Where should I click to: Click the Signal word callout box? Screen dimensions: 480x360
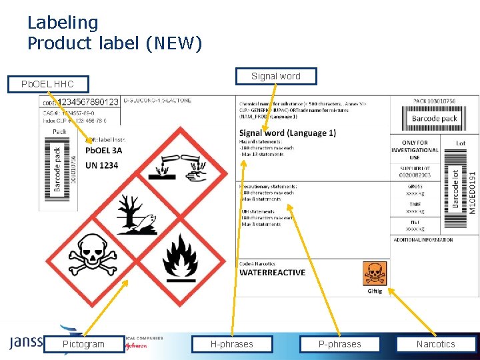pyautogui.click(x=275, y=76)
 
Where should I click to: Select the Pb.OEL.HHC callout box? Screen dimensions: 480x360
pyautogui.click(x=47, y=84)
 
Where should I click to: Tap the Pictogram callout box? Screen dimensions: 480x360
pyautogui.click(x=83, y=344)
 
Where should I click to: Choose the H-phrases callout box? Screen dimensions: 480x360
pyautogui.click(x=231, y=344)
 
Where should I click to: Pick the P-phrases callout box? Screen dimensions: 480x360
pyautogui.click(x=339, y=344)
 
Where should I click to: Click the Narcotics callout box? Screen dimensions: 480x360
pyautogui.click(x=435, y=344)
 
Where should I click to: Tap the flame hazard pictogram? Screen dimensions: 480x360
pyautogui.click(x=179, y=257)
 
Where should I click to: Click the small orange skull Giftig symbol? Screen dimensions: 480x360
pyautogui.click(x=374, y=273)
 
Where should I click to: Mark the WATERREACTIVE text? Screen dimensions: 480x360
pyautogui.click(x=272, y=273)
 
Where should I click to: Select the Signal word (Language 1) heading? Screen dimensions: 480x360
pyautogui.click(x=287, y=133)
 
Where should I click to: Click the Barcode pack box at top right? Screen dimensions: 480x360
pyautogui.click(x=434, y=119)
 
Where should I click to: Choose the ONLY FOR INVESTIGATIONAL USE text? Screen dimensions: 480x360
pyautogui.click(x=415, y=150)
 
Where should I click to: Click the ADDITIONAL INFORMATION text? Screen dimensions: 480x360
pyautogui.click(x=423, y=240)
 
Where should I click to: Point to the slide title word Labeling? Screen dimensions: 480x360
pyautogui.click(x=63, y=23)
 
